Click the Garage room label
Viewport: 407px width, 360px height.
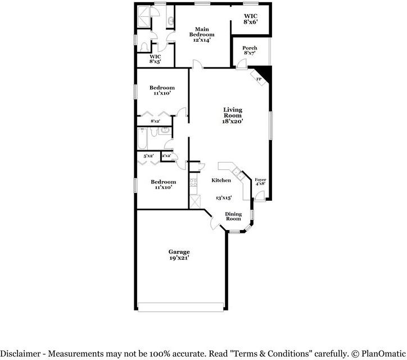point(179,251)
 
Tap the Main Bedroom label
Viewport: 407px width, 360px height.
point(205,31)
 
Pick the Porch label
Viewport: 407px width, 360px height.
point(250,48)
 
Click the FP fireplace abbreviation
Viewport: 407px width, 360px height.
point(259,79)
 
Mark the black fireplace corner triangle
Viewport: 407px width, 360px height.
point(265,71)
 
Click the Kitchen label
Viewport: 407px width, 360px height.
point(221,181)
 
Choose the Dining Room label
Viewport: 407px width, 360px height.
point(233,216)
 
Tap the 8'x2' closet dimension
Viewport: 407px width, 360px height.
point(155,121)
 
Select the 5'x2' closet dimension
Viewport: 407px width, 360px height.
point(148,156)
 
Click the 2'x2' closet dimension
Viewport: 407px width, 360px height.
point(166,156)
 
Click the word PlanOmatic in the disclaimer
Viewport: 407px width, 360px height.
point(381,353)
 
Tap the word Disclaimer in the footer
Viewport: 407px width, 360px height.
point(22,353)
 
